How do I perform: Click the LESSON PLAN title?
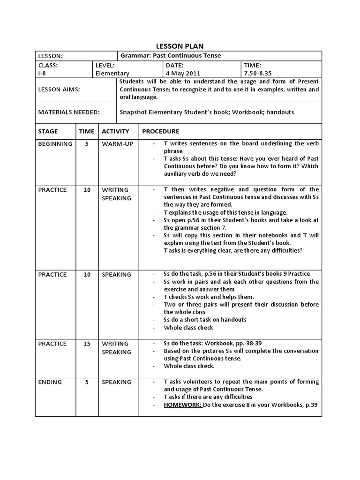click(180, 46)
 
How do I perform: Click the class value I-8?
click(42, 74)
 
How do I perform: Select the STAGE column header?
click(48, 132)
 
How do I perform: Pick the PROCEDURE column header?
click(160, 132)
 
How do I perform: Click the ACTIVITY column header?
click(115, 132)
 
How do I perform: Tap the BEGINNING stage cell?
click(55, 144)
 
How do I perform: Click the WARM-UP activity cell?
click(117, 144)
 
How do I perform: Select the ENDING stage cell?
click(50, 382)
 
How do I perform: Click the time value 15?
click(87, 344)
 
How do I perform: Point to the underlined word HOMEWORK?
click(183, 405)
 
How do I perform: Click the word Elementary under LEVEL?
click(112, 74)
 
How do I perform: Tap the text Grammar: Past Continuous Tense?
click(170, 56)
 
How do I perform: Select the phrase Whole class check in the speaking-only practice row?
click(188, 328)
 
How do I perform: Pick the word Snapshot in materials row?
click(135, 112)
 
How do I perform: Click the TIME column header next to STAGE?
click(87, 132)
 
